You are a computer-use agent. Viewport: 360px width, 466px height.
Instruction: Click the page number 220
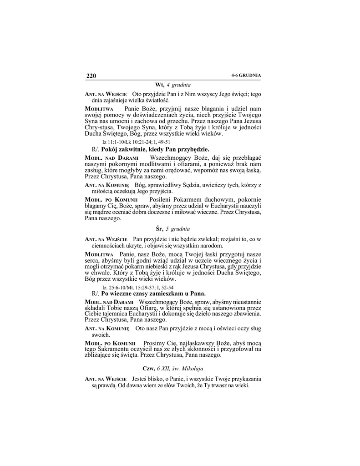pyautogui.click(x=91, y=76)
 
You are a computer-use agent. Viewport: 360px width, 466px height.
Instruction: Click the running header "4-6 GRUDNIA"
pyautogui.click(x=246, y=75)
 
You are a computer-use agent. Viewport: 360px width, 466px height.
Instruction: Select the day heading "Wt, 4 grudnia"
pyautogui.click(x=172, y=85)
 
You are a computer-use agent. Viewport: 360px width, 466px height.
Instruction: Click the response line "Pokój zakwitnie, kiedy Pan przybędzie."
pyautogui.click(x=155, y=149)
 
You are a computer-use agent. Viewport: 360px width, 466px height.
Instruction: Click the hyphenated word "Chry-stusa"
pyautogui.click(x=99, y=128)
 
